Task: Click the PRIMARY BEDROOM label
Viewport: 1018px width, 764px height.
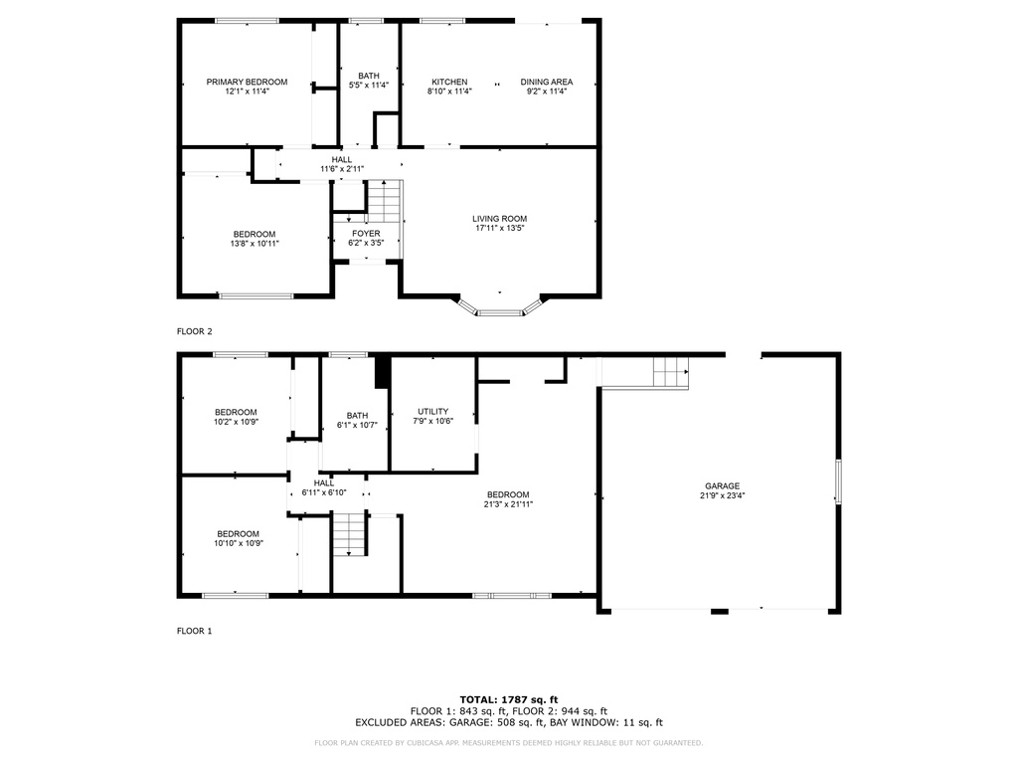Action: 247,82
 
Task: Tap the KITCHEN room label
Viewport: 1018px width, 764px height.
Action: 449,82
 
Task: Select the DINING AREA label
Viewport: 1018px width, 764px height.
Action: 546,82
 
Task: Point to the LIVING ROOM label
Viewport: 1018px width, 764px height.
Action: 499,219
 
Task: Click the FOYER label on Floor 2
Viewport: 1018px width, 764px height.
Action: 366,233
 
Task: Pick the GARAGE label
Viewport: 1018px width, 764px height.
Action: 722,485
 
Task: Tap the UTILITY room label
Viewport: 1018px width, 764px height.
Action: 433,411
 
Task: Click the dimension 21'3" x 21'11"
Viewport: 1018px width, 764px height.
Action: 508,504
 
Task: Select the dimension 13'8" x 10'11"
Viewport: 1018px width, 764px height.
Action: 254,244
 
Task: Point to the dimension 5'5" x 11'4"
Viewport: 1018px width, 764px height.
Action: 369,86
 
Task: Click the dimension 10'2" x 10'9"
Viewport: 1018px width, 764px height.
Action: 236,422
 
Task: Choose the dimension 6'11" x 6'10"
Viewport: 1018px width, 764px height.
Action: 324,492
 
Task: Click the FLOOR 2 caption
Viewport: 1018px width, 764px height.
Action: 194,331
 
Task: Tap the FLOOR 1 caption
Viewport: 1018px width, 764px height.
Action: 194,631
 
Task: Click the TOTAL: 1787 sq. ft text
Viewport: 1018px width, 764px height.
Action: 509,699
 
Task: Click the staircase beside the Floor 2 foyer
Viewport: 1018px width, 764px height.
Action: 385,201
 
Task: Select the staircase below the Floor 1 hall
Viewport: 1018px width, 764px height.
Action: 351,534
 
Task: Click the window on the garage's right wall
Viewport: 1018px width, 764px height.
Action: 838,481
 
